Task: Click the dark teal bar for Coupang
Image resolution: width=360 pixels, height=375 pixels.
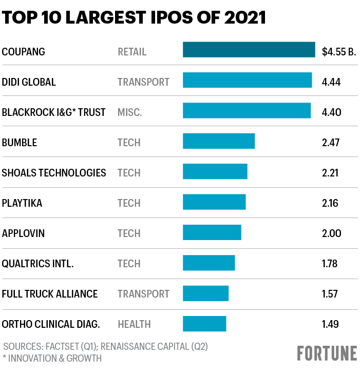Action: [249, 50]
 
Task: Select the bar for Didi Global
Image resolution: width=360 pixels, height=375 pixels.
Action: [247, 81]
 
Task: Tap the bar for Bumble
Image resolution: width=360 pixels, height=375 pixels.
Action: [219, 141]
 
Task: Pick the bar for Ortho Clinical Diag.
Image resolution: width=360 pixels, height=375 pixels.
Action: [204, 323]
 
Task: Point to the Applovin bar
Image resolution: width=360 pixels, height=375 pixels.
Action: [212, 232]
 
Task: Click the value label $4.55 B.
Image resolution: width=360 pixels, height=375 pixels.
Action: [338, 52]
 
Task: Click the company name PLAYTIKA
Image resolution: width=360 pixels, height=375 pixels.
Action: [22, 203]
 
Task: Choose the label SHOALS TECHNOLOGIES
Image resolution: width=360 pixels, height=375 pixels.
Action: [54, 173]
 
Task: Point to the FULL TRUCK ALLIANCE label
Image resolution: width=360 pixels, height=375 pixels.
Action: [50, 294]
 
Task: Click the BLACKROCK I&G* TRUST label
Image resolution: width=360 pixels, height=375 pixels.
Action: [53, 112]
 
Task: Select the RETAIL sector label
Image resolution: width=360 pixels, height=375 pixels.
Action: [132, 52]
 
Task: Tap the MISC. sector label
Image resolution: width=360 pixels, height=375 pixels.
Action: [129, 112]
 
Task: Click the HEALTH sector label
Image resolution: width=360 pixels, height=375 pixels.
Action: [134, 324]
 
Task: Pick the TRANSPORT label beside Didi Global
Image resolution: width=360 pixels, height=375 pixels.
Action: [143, 82]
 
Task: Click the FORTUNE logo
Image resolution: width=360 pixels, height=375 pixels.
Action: [327, 353]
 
